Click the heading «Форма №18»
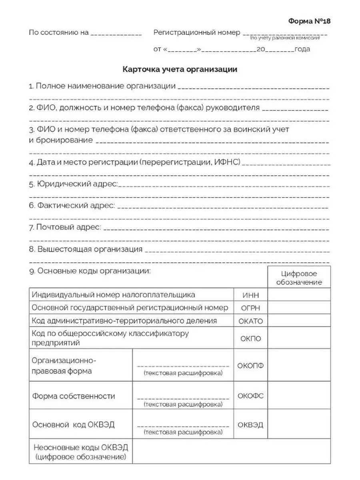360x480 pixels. pos(309,21)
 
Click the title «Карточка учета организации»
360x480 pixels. pos(180,70)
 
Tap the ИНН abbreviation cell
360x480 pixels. pos(250,295)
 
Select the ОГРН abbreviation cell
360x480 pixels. pos(250,308)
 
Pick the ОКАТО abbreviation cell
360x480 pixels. pos(250,321)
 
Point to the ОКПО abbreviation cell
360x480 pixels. pos(250,338)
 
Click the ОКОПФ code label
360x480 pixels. pos(250,365)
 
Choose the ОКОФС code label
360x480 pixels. pos(250,396)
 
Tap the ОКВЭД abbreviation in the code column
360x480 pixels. pos(250,425)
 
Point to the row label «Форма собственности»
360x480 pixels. pos(74,396)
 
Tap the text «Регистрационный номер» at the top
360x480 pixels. pos(197,32)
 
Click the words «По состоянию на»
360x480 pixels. pos(59,32)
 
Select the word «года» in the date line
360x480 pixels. pos(302,50)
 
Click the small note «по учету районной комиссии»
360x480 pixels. pos(285,38)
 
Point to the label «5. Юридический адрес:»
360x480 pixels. pos(74,184)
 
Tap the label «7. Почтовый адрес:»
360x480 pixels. pos(65,228)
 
